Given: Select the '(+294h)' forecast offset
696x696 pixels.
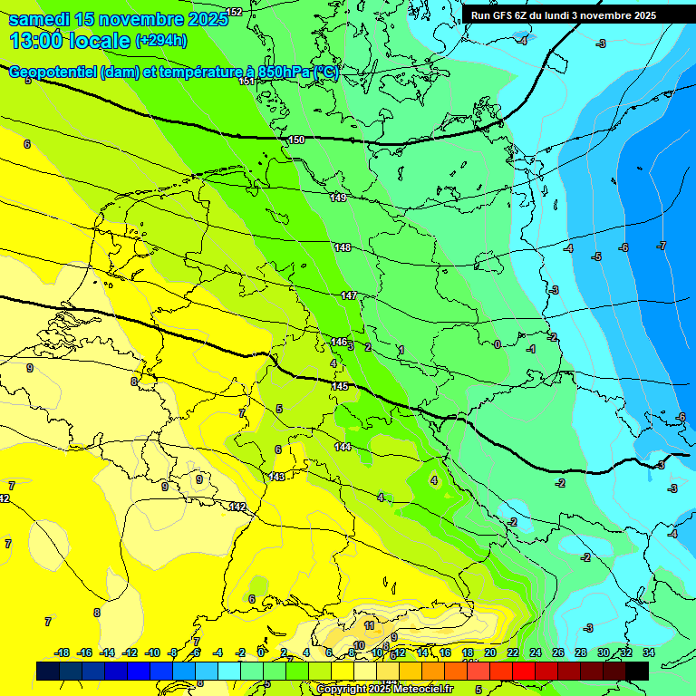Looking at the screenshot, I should (x=161, y=41).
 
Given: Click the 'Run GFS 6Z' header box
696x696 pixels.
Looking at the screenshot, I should (x=564, y=15).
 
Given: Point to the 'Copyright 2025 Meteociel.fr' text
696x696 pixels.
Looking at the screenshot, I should (x=384, y=689).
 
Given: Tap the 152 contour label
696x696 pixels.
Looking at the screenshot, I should (x=234, y=12).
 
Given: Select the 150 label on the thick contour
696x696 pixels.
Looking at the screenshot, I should (x=296, y=140).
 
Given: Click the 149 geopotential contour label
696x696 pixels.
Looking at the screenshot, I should (x=338, y=198).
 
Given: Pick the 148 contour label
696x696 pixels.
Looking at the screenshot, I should (x=343, y=247).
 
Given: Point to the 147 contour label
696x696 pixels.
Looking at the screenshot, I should (x=349, y=295).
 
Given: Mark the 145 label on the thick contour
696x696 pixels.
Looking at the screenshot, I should (x=340, y=386).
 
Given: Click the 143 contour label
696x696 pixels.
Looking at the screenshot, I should (x=277, y=476).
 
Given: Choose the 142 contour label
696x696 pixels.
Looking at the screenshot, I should (x=237, y=506).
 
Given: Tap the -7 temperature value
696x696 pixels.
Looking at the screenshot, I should (x=662, y=246).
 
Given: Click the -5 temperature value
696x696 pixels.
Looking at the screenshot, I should (x=596, y=256).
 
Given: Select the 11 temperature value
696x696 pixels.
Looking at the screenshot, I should (x=369, y=625).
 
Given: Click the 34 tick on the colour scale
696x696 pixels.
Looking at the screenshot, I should (x=649, y=652).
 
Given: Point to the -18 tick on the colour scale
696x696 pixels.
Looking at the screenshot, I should (x=62, y=652).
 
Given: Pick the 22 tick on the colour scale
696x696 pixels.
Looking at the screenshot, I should (x=513, y=652).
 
